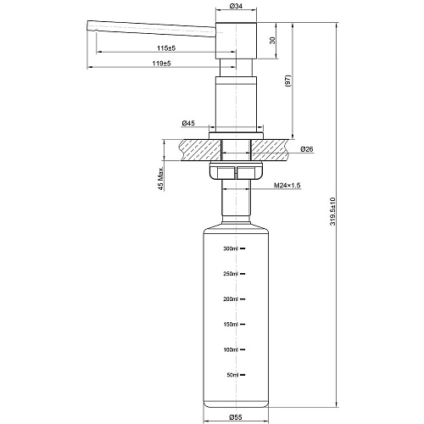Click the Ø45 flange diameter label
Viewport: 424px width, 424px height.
tap(187, 123)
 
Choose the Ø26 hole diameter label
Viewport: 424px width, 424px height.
tap(307, 150)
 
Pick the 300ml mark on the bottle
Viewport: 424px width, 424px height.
tap(230, 248)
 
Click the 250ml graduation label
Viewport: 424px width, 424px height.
tap(230, 274)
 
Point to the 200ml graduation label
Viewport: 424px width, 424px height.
tap(230, 299)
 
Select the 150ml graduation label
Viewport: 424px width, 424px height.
tap(230, 325)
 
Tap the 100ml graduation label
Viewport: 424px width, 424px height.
tap(230, 349)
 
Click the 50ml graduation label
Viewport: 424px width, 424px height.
tap(232, 375)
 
